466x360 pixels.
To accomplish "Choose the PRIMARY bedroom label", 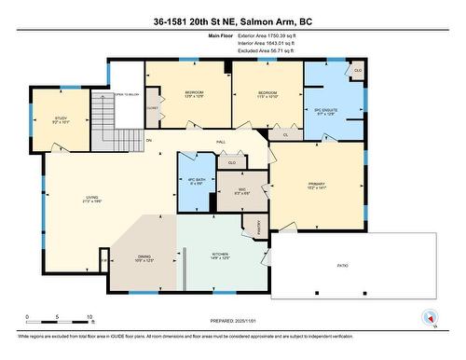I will pyautogui.click(x=316, y=185).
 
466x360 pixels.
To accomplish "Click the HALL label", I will pyautogui.click(x=221, y=141).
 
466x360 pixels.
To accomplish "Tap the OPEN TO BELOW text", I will pyautogui.click(x=128, y=94).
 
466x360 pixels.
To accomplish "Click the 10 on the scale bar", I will pyautogui.click(x=89, y=317).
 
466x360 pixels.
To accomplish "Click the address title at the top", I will pyautogui.click(x=233, y=19).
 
